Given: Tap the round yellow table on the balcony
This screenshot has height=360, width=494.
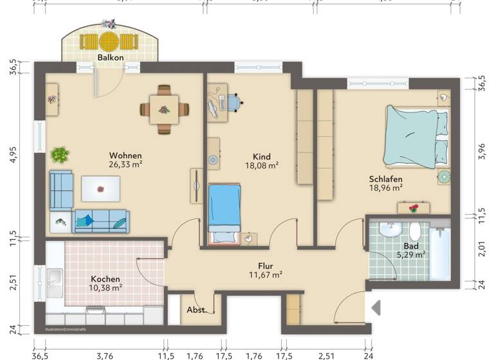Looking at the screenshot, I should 109,42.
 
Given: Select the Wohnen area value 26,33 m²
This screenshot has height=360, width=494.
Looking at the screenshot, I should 125,164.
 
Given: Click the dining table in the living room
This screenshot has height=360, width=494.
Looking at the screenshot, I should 165,109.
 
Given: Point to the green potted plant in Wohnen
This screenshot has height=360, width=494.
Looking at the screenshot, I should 60,154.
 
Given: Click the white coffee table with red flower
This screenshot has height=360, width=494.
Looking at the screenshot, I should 100,188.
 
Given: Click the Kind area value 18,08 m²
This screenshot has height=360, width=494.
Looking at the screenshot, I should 261,165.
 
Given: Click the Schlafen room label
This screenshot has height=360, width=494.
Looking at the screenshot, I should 386,179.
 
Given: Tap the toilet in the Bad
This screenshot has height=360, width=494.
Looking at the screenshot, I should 416,231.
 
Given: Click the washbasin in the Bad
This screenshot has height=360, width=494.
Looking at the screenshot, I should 390,230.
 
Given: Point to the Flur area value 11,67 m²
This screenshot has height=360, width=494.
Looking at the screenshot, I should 266,274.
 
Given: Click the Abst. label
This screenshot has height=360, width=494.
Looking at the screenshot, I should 197,310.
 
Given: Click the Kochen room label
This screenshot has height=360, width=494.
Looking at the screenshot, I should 105,279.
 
